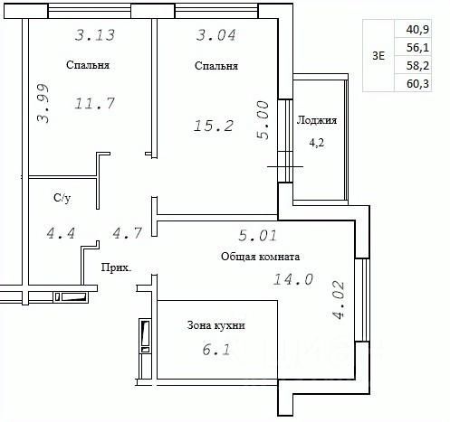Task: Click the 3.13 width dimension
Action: (x=95, y=35)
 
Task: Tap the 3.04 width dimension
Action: (x=216, y=35)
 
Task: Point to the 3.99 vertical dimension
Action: (x=43, y=103)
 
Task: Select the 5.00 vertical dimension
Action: (x=263, y=120)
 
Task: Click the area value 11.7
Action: (x=95, y=103)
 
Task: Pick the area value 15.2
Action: (x=214, y=126)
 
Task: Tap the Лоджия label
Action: (x=317, y=120)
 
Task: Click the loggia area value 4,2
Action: (x=317, y=142)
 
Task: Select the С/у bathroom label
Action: (x=62, y=198)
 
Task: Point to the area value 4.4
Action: (x=61, y=233)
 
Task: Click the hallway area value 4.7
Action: (x=127, y=233)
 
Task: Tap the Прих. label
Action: (x=116, y=267)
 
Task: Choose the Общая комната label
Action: (x=260, y=257)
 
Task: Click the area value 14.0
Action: (x=293, y=279)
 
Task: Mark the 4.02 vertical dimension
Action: (x=338, y=300)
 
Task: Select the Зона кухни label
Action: (x=215, y=325)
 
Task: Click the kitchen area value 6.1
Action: (x=216, y=350)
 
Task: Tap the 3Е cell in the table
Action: (x=378, y=56)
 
